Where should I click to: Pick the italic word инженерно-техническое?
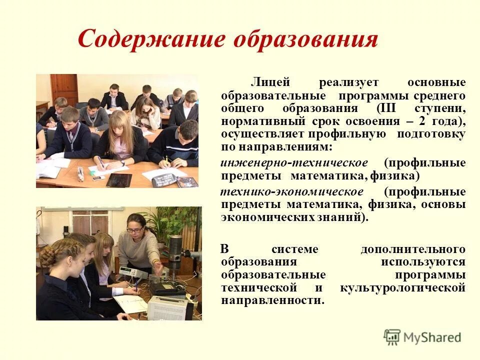pos(294,163)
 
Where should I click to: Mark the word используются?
pos(423,261)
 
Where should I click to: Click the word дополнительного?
pos(413,249)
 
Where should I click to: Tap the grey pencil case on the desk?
pos(80,173)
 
